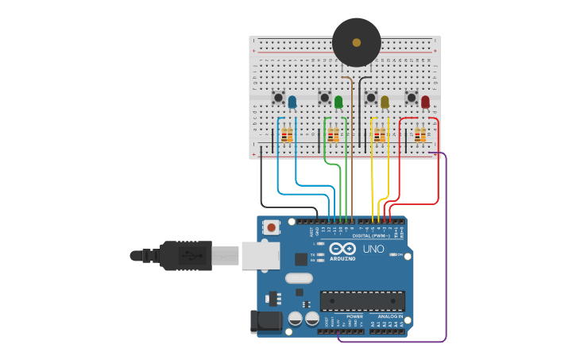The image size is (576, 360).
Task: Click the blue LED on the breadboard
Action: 292,102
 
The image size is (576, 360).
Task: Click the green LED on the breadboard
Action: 338,102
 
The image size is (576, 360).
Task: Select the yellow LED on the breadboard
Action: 385,102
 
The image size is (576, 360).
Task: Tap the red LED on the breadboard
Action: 425,102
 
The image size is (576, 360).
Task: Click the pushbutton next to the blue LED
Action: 279,98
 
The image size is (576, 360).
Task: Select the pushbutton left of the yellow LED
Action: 370,98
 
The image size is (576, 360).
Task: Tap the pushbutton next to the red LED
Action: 412,98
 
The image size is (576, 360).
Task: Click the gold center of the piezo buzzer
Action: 356,43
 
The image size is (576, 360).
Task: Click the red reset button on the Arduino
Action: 272,227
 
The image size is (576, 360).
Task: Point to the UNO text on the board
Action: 373,249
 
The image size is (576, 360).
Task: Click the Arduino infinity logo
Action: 342,249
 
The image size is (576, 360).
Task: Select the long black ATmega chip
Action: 362,301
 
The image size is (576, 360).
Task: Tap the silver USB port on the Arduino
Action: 261,255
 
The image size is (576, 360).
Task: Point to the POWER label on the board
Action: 354,315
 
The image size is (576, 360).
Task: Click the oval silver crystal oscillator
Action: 298,278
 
